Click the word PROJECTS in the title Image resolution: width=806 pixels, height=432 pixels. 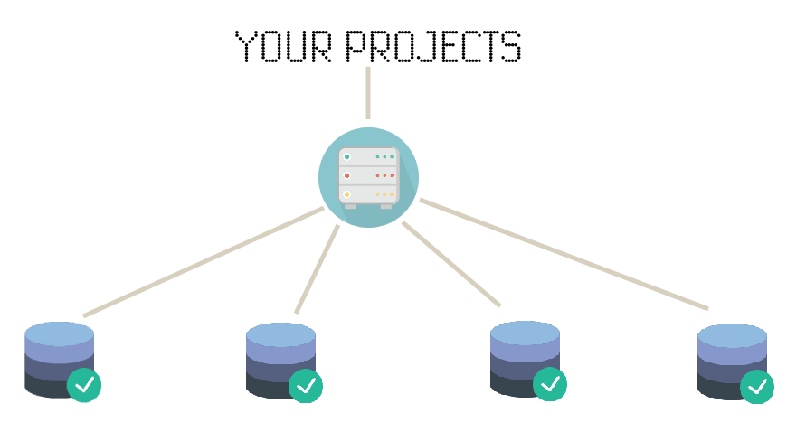click(x=433, y=47)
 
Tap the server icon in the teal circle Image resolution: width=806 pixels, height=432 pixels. click(x=368, y=177)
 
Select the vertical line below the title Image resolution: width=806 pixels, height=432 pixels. click(x=368, y=92)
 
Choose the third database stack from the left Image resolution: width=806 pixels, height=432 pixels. click(x=523, y=357)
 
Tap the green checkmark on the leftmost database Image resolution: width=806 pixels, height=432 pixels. click(x=84, y=385)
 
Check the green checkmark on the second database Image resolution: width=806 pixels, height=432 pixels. click(x=306, y=386)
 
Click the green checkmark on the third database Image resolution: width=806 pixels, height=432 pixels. click(x=550, y=384)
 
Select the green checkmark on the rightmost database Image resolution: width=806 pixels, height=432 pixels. click(x=757, y=387)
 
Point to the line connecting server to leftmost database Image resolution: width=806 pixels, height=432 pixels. click(x=204, y=262)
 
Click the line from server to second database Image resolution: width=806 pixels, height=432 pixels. click(x=318, y=268)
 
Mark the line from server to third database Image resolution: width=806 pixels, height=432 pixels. click(x=450, y=263)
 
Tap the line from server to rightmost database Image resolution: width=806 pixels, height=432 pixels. click(x=563, y=255)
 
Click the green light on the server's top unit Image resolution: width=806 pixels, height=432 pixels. click(x=346, y=157)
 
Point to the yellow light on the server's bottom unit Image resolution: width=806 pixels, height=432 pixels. click(x=346, y=194)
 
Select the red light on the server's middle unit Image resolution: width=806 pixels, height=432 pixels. click(x=346, y=175)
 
